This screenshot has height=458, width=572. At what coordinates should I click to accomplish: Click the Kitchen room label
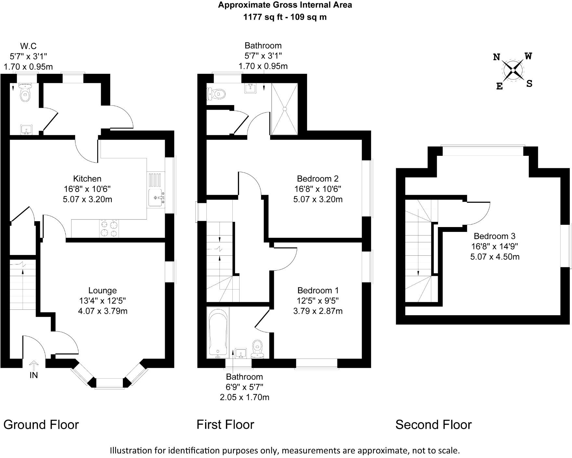[87, 179]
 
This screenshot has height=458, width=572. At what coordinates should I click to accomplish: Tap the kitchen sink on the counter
[156, 197]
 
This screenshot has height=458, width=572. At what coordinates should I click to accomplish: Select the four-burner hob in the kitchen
[109, 228]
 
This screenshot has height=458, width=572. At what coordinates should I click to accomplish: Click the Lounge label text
[102, 290]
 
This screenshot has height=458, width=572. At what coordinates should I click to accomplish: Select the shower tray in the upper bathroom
[285, 109]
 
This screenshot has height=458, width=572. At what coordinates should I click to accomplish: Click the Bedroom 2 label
[318, 179]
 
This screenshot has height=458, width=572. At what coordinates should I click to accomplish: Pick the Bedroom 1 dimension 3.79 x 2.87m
[318, 311]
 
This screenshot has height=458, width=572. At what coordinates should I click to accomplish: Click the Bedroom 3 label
[494, 236]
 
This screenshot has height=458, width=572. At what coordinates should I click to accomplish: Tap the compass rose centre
[513, 70]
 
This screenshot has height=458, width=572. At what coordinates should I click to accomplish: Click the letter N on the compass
[496, 58]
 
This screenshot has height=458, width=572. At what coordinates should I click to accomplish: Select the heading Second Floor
[433, 425]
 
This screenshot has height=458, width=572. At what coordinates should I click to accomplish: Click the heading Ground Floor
[41, 425]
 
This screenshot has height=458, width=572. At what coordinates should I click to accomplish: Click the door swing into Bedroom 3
[478, 213]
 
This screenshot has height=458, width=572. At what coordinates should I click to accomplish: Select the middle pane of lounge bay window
[110, 383]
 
